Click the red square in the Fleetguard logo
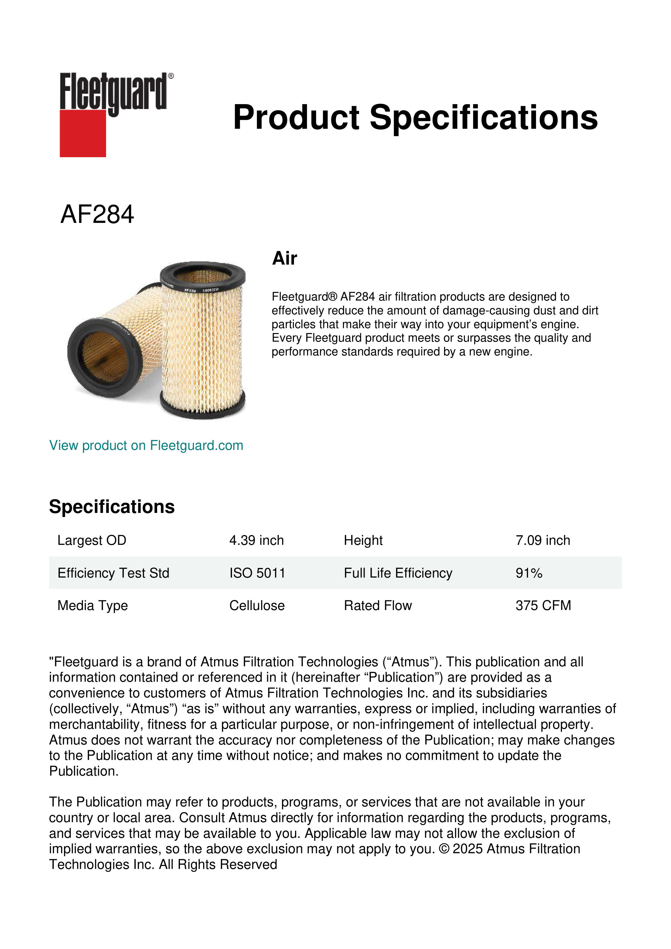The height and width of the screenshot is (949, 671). click(x=83, y=133)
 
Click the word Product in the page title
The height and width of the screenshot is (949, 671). click(x=296, y=117)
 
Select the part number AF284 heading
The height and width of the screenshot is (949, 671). click(x=97, y=215)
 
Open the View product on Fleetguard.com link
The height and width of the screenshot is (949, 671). click(x=146, y=445)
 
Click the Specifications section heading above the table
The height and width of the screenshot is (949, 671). click(x=111, y=507)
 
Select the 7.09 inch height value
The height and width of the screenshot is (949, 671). click(x=543, y=540)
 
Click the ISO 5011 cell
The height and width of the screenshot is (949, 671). click(x=257, y=573)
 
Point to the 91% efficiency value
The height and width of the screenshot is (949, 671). click(x=529, y=573)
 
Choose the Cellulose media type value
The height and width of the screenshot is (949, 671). click(x=257, y=605)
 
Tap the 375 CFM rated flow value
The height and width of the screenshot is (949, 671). click(x=543, y=605)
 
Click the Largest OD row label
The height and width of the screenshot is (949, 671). click(x=92, y=540)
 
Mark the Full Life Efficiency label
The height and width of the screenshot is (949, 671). click(x=398, y=573)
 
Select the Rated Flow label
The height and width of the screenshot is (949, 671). click(x=378, y=605)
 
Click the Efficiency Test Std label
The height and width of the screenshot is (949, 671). click(x=113, y=573)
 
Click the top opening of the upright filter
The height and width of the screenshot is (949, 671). click(x=203, y=275)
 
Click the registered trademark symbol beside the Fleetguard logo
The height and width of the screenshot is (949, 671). click(x=171, y=76)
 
